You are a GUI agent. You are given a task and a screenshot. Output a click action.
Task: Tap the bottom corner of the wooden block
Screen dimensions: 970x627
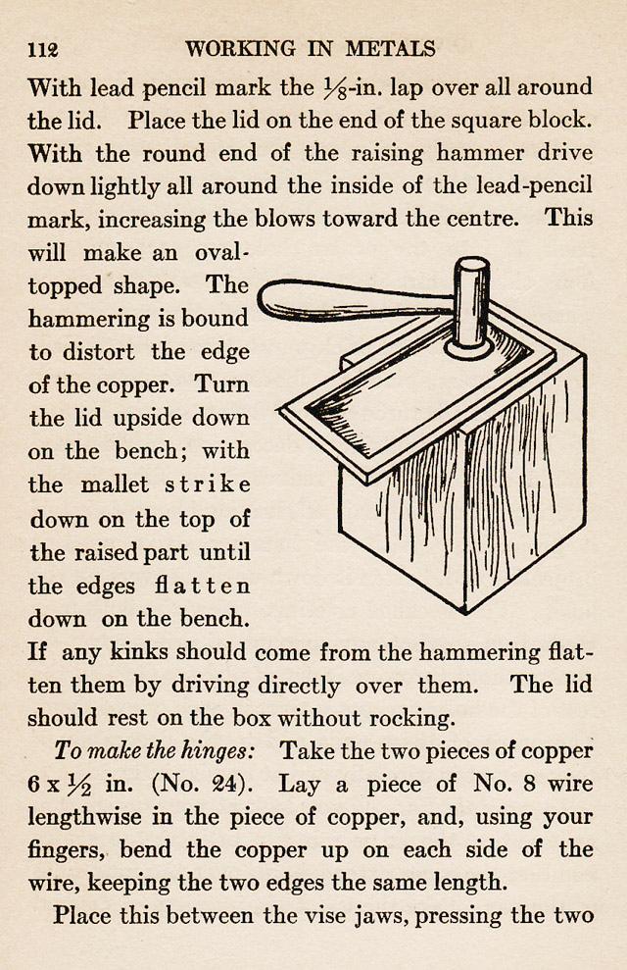point(464,611)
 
